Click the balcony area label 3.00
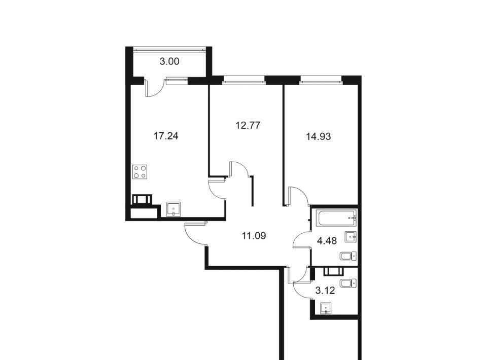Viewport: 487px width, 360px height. coord(169,61)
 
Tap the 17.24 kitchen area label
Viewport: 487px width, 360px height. coord(166,135)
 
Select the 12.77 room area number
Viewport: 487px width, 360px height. coord(248,125)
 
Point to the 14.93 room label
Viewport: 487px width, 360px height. coord(319,136)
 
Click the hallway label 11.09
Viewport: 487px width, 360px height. coord(254,236)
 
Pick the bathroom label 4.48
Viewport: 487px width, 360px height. coord(327,240)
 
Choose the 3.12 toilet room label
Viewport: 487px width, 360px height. coord(325,291)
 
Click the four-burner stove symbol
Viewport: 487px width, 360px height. coord(140,172)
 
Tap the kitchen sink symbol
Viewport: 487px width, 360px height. coord(173,209)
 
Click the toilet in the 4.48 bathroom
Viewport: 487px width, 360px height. coord(348,256)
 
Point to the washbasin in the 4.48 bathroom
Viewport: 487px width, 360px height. coord(351,237)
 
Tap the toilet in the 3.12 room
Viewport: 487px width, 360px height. coord(348,283)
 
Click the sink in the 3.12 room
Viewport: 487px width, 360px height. coord(326,308)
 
